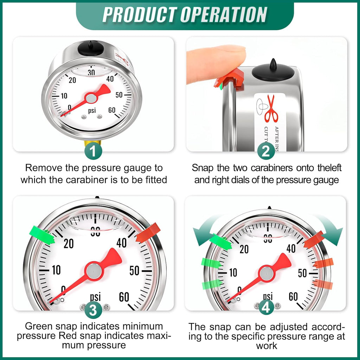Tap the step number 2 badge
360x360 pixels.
point(266,152)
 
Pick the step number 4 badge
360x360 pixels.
point(266,308)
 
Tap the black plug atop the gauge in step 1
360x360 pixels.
point(91,49)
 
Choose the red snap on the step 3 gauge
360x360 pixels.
point(148,233)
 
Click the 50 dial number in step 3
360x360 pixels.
point(134,271)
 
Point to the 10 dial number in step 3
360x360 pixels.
point(56,270)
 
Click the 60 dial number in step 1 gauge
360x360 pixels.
point(112,110)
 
